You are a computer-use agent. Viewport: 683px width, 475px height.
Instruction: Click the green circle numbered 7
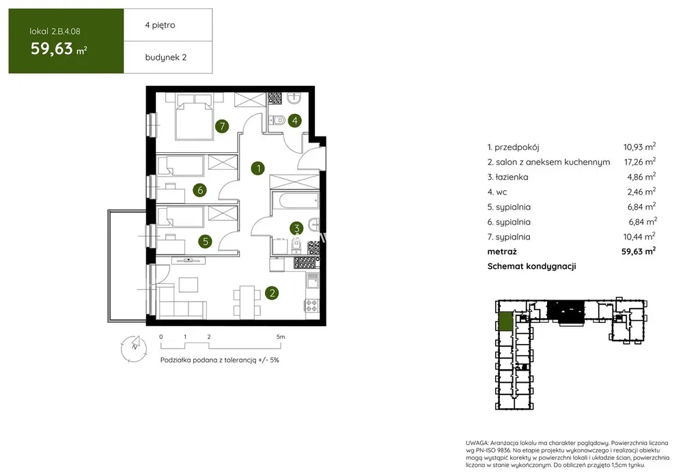[222, 126]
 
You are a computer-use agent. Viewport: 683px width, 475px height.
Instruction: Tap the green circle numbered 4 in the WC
[295, 121]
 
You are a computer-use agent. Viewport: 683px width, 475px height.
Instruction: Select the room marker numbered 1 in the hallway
[258, 168]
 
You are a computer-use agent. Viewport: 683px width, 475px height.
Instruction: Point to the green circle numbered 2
[273, 293]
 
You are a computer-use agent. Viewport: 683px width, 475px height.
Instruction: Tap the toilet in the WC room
[277, 119]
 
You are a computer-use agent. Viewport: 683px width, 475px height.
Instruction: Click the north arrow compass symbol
[134, 348]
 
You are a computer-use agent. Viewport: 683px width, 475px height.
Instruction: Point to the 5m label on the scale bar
[281, 336]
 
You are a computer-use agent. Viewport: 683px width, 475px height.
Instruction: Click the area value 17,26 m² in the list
[640, 162]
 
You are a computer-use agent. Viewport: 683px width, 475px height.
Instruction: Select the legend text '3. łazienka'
[508, 177]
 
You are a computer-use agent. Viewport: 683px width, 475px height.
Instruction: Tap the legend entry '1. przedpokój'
[514, 147]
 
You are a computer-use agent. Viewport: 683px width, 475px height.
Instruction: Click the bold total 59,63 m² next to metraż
[639, 251]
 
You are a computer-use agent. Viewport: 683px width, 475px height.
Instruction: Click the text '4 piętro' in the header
[161, 25]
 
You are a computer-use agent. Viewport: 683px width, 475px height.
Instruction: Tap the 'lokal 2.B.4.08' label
[55, 31]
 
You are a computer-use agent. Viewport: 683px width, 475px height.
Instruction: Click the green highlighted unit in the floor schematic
[505, 321]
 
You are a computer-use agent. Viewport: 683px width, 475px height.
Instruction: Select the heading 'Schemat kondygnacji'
[532, 266]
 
